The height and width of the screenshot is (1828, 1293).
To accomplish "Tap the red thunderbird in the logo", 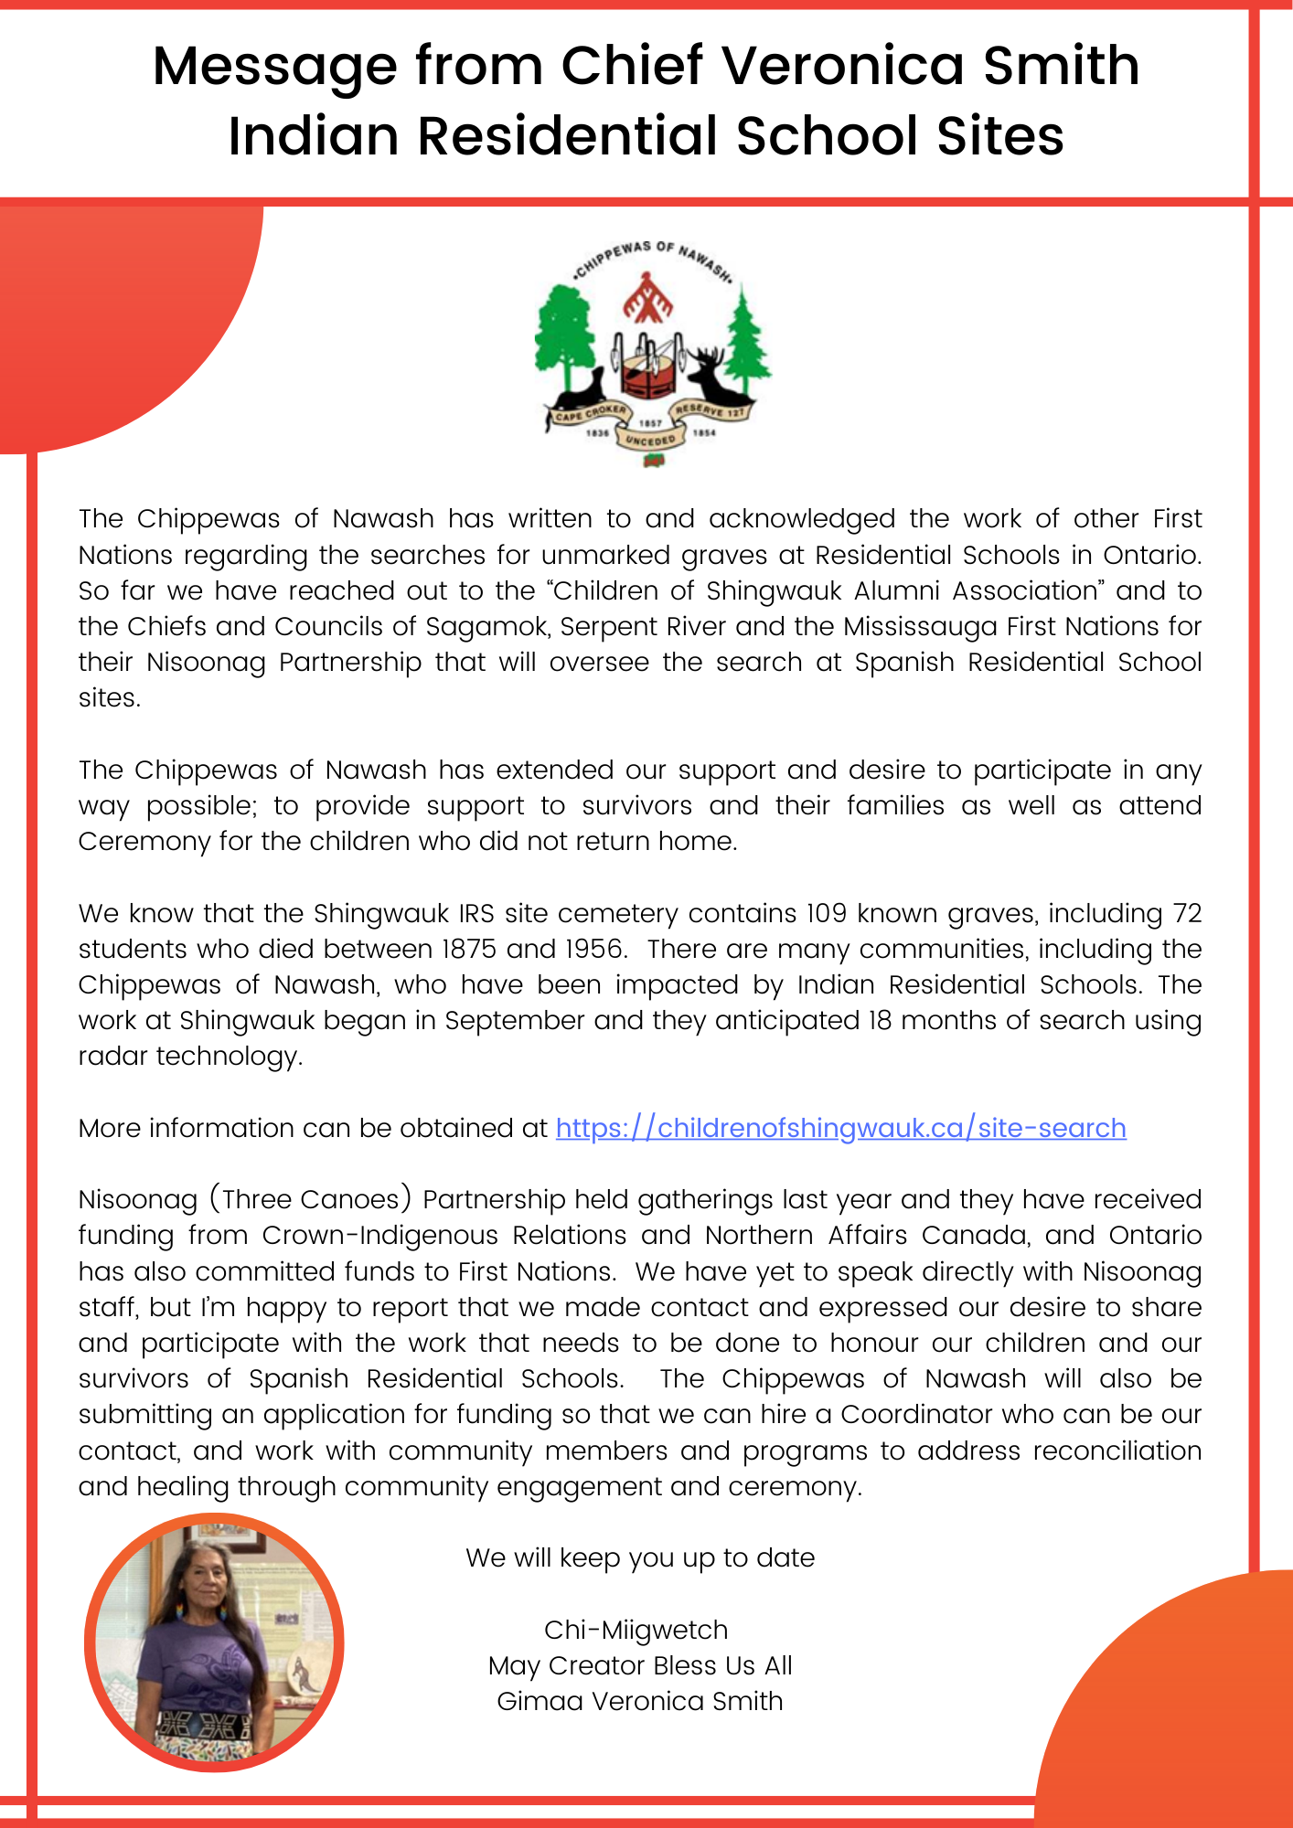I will [x=647, y=297].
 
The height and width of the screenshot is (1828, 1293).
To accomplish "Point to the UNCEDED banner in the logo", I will [x=650, y=441].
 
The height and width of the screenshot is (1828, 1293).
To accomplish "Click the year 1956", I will [x=593, y=950].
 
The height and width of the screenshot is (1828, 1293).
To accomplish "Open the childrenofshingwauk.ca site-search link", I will [x=840, y=1129].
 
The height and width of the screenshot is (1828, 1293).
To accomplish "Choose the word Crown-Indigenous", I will [x=379, y=1236].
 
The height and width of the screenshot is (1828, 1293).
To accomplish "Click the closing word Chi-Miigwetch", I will [x=636, y=1631].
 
